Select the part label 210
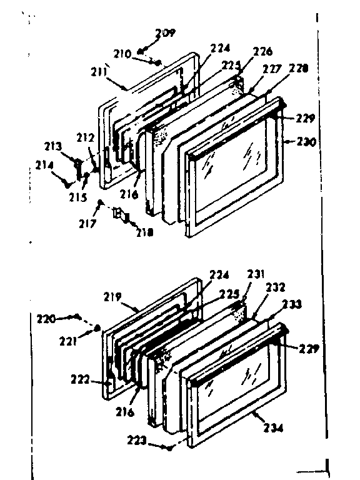tap(139, 54)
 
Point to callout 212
tap(85, 137)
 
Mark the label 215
tap(77, 196)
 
